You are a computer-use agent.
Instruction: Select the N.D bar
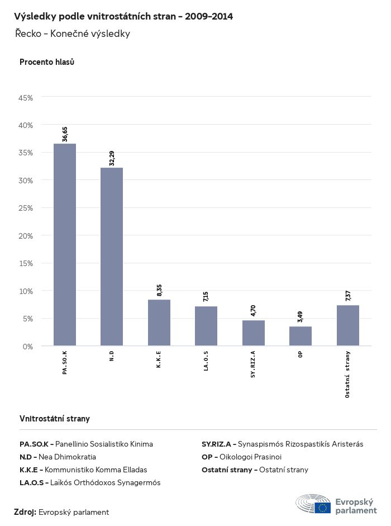(112, 257)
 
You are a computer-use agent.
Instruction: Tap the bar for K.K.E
(159, 323)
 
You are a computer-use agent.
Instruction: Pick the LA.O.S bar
(206, 326)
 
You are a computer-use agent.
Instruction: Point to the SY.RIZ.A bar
(254, 333)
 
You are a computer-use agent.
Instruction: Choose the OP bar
(301, 336)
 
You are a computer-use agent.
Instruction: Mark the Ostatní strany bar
(348, 325)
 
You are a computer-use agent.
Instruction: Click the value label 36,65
(65, 134)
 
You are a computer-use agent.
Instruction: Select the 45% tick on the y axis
(26, 98)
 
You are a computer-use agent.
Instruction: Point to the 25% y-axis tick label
(26, 208)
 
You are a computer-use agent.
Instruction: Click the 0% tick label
(28, 347)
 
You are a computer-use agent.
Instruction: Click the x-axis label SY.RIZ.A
(254, 364)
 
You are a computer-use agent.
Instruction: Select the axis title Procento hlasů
(47, 62)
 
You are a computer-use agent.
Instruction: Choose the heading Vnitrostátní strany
(55, 419)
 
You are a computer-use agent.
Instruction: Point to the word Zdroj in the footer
(25, 512)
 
